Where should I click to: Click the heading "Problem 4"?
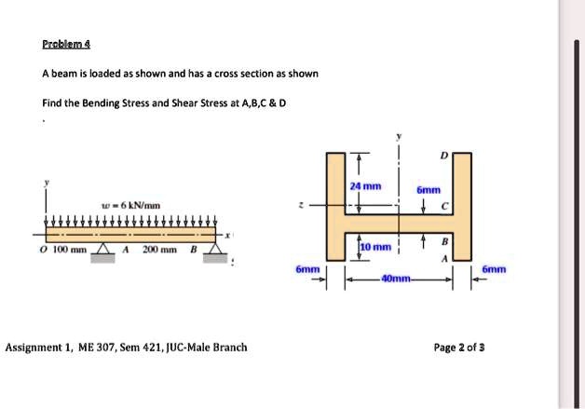point(66,44)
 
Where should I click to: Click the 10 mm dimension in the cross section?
point(372,247)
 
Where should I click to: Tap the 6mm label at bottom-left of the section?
point(307,268)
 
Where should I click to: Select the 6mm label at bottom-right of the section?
point(494,268)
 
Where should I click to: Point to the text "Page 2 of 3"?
point(459,348)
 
